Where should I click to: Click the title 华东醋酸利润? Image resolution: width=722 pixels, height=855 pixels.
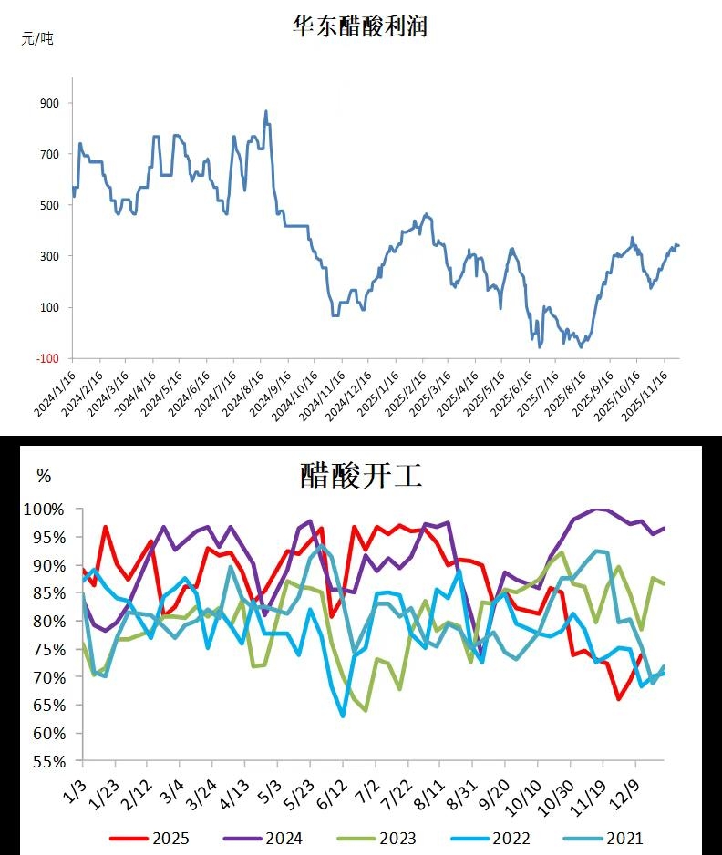[359, 26]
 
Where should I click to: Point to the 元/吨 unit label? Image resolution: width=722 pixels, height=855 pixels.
[37, 38]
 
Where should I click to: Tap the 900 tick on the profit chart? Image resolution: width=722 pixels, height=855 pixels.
[48, 103]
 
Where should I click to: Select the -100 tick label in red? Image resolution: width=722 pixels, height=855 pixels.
[47, 358]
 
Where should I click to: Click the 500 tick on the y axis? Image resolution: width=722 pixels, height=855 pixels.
[48, 205]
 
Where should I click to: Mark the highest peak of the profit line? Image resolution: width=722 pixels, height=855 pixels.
[265, 111]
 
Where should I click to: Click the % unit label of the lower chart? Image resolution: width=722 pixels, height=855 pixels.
[44, 475]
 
